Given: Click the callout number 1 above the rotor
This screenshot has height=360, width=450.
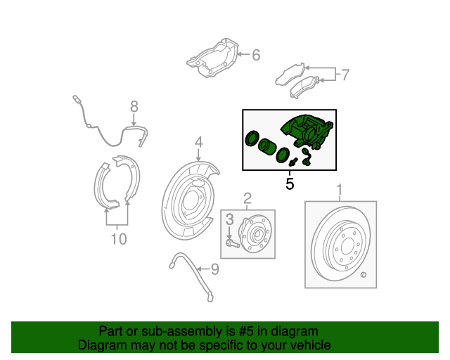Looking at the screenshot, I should tap(340, 190).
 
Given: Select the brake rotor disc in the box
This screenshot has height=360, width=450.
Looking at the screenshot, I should tap(340, 245).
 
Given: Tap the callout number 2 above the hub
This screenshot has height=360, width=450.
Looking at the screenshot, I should tap(247, 198).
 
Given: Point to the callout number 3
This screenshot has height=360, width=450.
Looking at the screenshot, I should tap(229, 223).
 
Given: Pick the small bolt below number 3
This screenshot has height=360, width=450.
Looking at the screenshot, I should tap(232, 244).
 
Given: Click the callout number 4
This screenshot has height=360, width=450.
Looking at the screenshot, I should tap(199, 143).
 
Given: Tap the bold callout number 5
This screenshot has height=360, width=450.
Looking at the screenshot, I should tap(289, 184).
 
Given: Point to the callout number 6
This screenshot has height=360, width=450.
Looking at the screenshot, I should tap(256, 54).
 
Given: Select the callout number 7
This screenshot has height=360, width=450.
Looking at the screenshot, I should tap(345, 75).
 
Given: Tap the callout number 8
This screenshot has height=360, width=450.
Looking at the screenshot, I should tap(134, 107).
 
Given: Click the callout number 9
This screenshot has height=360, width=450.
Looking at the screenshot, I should tap(215, 269).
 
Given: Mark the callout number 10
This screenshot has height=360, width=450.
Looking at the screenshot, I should tap(118, 240).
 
